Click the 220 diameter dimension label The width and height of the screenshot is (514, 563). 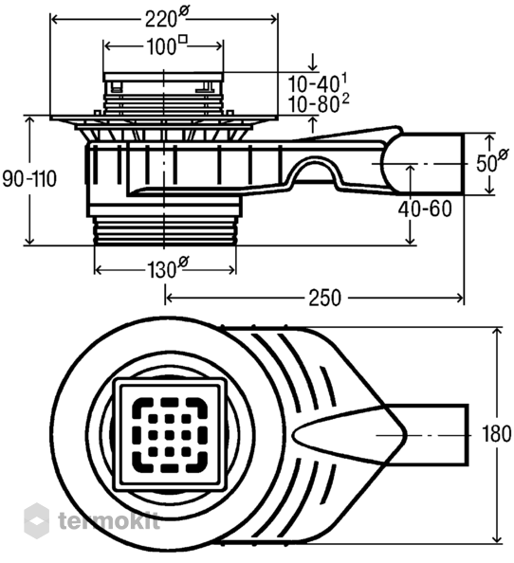166,18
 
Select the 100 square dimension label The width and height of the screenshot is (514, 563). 167,45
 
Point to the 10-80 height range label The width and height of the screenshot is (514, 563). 319,103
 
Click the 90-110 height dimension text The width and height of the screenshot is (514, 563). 29,179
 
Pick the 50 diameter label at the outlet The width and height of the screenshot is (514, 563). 492,161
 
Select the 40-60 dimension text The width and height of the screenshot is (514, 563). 425,209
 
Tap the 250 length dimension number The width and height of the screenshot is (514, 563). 324,298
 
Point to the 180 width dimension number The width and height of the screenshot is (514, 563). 496,434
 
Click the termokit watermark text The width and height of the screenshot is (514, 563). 109,520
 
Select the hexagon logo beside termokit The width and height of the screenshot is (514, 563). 36,520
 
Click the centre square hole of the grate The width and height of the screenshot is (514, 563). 170,435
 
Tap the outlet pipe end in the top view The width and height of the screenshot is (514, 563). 467,435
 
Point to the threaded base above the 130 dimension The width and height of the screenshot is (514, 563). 164,231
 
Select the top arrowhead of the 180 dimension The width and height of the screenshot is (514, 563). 498,332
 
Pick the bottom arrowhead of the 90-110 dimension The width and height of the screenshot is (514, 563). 30,241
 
